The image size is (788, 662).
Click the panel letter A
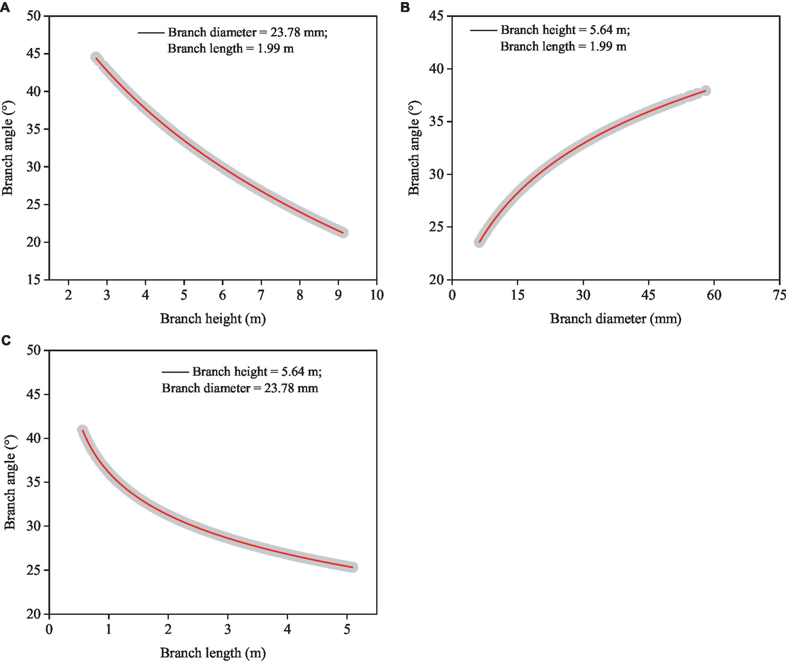(x=5, y=7)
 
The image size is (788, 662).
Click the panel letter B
(x=405, y=7)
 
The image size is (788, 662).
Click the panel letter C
(x=6, y=340)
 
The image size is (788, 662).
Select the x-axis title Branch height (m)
(x=213, y=319)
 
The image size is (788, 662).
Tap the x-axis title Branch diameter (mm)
(x=615, y=319)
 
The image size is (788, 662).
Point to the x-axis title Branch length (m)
(x=213, y=653)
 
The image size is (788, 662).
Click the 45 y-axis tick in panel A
(x=34, y=54)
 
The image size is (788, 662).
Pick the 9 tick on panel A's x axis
(x=338, y=295)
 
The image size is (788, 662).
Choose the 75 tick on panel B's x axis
(x=779, y=295)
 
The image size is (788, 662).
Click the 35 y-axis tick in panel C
(x=34, y=482)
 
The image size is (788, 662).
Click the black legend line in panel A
(x=150, y=33)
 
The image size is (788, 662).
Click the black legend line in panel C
(x=175, y=372)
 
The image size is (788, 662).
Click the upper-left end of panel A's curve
(x=96, y=57)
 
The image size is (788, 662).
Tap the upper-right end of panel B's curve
(x=706, y=91)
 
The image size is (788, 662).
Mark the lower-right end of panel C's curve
(x=353, y=567)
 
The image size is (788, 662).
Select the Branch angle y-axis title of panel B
(x=414, y=148)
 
